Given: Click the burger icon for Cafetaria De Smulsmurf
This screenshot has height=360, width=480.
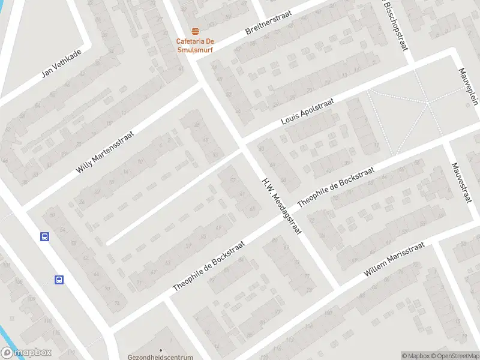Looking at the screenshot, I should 194,31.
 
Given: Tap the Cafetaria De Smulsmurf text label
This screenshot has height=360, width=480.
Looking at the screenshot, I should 194,46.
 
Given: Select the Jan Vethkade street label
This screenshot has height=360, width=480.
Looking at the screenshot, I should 61,63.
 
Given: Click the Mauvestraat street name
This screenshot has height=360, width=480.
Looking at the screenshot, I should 463,182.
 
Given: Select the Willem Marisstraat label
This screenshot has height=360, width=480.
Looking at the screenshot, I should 394,260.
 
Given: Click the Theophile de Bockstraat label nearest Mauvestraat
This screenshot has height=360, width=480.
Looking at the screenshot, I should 336,187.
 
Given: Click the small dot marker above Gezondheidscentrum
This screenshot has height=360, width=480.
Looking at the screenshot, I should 161,350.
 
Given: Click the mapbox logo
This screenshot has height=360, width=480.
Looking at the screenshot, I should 26,353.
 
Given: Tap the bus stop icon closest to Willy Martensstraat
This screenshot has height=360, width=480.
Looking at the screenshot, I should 44,236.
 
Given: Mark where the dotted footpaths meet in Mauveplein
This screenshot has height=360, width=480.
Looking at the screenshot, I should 428,103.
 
